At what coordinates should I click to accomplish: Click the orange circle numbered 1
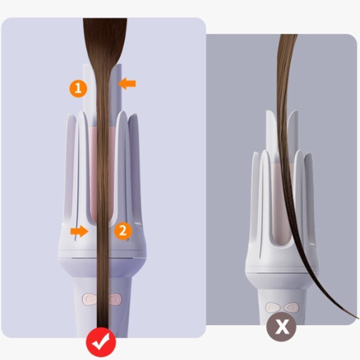click(78, 89)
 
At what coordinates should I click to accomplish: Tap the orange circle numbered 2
click(122, 231)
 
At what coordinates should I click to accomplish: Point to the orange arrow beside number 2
click(79, 232)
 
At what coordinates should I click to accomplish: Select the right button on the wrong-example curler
click(292, 307)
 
